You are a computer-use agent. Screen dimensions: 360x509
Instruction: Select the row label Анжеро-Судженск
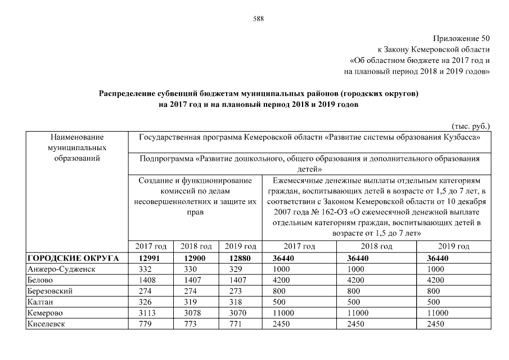point(61,269)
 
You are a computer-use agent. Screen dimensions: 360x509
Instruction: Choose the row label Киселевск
point(46,324)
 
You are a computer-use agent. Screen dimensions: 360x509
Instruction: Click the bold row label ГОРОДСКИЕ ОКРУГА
point(73,258)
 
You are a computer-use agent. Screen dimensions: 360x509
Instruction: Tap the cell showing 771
point(240,324)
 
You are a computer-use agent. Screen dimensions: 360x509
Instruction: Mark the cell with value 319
point(195,302)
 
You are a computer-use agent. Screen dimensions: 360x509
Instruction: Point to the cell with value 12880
point(240,258)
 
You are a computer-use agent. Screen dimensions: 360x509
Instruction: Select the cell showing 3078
point(195,313)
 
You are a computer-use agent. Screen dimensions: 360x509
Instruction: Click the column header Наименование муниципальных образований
point(77,147)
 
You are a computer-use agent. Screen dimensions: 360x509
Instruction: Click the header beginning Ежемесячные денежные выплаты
point(376,207)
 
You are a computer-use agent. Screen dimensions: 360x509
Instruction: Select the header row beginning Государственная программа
point(309,137)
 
